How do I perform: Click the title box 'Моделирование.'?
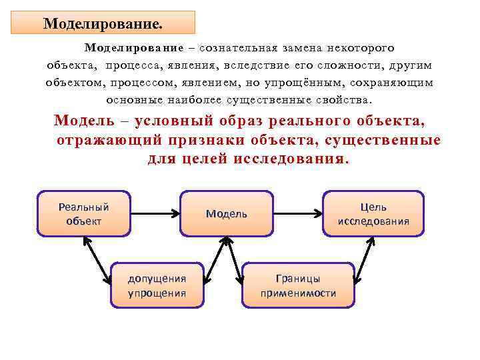[103, 23]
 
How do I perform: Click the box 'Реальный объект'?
[84, 213]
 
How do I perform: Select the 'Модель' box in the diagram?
[227, 214]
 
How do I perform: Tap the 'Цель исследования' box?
[373, 214]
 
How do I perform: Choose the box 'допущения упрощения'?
[157, 285]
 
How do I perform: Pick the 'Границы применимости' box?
[298, 285]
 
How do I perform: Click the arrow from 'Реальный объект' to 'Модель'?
[155, 214]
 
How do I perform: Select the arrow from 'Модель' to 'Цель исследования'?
[298, 214]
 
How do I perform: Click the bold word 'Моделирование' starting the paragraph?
[133, 49]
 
